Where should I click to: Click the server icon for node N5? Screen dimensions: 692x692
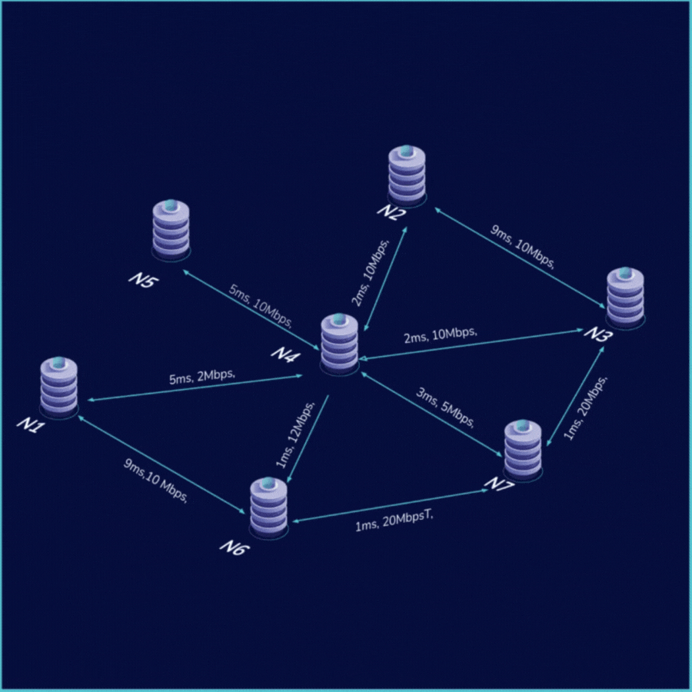(x=171, y=228)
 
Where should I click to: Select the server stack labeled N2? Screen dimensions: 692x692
(x=406, y=175)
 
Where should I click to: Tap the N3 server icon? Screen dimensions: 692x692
(x=626, y=298)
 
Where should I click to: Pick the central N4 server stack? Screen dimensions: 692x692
(x=340, y=344)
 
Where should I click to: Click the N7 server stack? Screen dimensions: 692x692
(x=524, y=451)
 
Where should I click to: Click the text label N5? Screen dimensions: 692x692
(x=142, y=280)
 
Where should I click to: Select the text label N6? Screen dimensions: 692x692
(x=235, y=547)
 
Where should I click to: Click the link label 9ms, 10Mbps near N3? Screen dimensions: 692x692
(x=524, y=247)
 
